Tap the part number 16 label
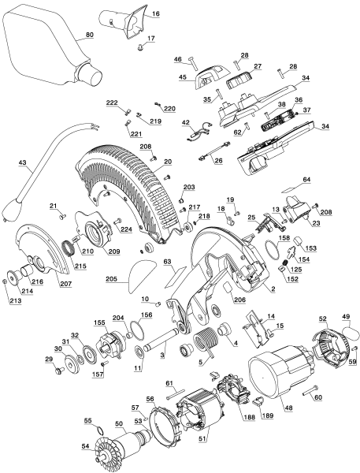(x=155, y=14)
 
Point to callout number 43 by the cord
(x=22, y=164)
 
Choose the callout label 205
(x=111, y=279)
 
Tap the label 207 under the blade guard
(x=65, y=283)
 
